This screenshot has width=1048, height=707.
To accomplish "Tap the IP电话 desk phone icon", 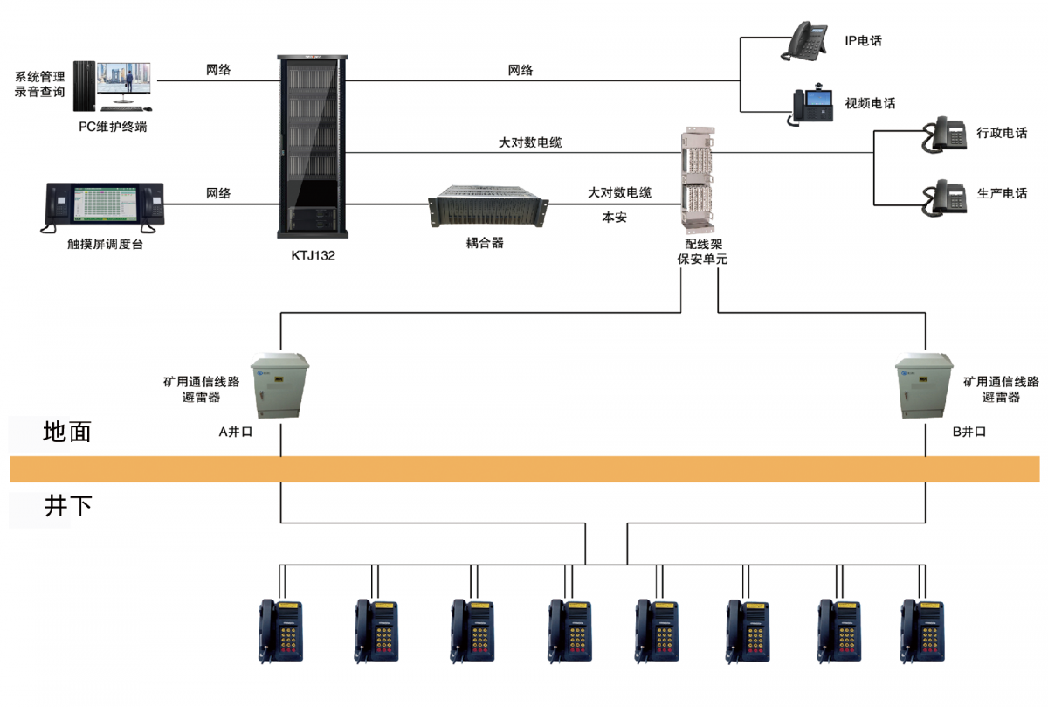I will (x=805, y=42).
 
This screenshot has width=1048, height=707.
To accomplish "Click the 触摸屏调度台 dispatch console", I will (x=104, y=207).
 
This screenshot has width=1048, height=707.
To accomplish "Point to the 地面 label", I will (x=67, y=431).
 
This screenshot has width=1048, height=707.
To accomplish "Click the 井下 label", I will (x=67, y=506).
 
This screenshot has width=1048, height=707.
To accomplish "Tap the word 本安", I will (x=614, y=218).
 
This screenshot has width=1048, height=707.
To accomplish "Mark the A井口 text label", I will (x=235, y=431).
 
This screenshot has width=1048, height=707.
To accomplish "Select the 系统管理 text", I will (x=39, y=76).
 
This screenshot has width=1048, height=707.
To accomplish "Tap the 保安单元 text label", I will (x=702, y=260).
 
